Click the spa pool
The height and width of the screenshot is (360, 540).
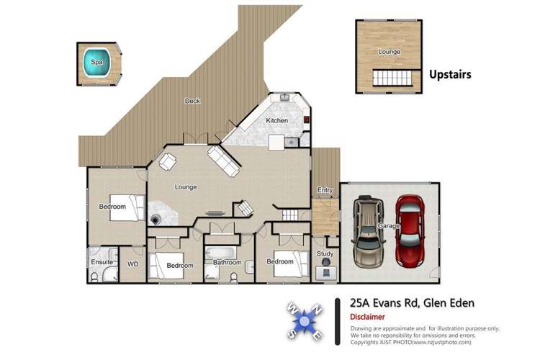click(97, 63)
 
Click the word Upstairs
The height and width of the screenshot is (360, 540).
click(450, 73)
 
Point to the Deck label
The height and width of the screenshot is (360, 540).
click(192, 101)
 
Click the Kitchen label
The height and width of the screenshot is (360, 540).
click(276, 120)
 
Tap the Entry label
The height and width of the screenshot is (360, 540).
click(325, 190)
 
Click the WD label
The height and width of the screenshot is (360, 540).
click(132, 264)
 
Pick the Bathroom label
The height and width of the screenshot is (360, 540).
click(227, 263)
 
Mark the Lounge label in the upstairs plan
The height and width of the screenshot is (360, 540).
click(390, 52)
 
